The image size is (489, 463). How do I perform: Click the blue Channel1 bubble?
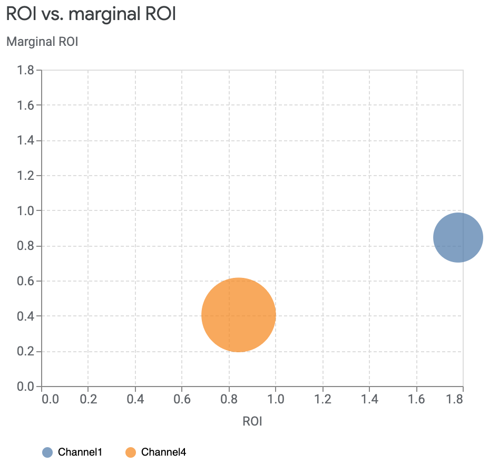pos(458,237)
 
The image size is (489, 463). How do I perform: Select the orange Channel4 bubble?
pos(239,315)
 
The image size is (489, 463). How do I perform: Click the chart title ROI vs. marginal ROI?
pos(91,14)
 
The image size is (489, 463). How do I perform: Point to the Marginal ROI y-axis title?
pos(42,42)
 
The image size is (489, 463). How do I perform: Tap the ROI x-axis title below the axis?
pos(252,421)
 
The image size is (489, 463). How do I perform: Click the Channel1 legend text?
pos(80,452)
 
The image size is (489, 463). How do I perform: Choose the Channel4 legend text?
pos(163,452)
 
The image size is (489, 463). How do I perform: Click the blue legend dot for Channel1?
pos(47,452)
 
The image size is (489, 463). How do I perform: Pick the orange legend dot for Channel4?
pos(131,452)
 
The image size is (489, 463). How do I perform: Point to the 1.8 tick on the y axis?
pos(25,70)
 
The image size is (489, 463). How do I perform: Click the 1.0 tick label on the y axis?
pos(25,211)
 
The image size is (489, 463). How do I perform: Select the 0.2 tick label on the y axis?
pos(25,352)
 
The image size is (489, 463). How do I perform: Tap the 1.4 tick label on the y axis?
pos(25,140)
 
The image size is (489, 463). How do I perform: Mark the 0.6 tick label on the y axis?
pos(25,281)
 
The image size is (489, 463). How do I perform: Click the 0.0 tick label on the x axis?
pos(50,399)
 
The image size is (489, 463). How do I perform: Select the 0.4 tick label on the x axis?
pos(135,399)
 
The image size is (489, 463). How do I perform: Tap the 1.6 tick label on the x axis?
pos(416,399)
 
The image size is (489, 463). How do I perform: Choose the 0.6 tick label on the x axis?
pos(182,399)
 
